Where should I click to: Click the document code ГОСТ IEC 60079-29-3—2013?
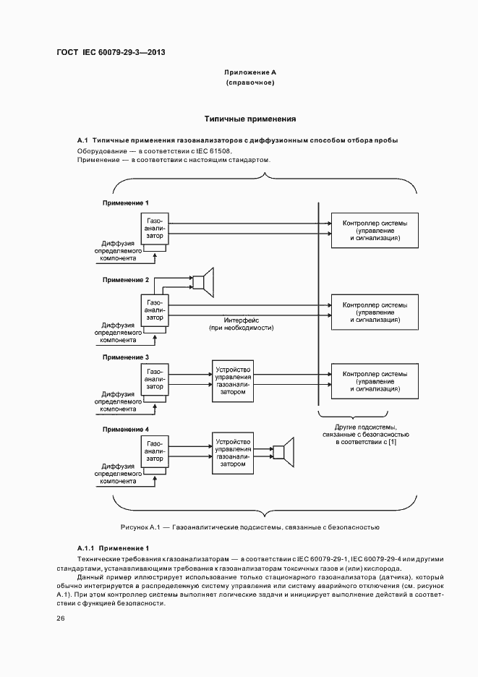click(115, 53)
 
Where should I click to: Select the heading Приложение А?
click(250, 73)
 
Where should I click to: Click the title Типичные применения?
click(250, 118)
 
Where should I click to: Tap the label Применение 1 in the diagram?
click(126, 203)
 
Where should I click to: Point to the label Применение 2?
click(126, 279)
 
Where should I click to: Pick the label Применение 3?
click(126, 357)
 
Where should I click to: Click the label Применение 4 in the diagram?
click(126, 429)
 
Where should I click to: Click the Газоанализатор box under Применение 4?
click(155, 454)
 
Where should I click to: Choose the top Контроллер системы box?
click(374, 230)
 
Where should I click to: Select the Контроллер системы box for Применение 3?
click(374, 381)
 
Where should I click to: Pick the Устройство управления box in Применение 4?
click(234, 454)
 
